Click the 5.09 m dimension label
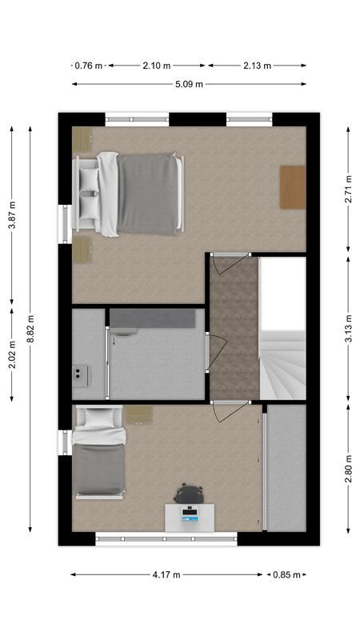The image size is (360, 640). click(x=189, y=84)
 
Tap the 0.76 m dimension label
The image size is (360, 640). click(x=88, y=66)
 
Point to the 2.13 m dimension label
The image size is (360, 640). click(x=257, y=66)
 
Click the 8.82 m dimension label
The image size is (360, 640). click(x=30, y=328)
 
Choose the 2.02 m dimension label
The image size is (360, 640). click(x=11, y=353)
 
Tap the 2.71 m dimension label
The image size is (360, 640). click(x=348, y=190)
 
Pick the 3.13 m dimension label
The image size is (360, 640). click(x=348, y=328)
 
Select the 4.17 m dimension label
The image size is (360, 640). click(x=166, y=574)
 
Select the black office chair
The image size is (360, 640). click(x=189, y=494)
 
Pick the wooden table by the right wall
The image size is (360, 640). click(x=293, y=186)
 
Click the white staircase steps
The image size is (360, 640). click(x=284, y=364)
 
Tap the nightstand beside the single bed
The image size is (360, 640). click(x=138, y=415)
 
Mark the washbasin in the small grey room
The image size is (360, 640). click(x=81, y=373)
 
